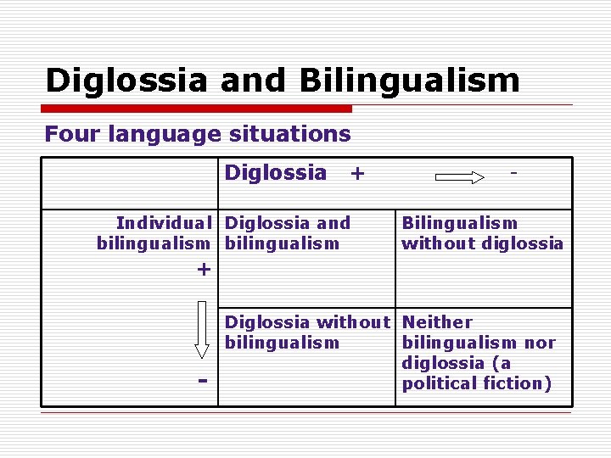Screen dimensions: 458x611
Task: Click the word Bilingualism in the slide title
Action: (409, 81)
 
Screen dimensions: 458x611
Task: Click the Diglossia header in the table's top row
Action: (275, 173)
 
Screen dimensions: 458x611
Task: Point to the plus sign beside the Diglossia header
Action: (357, 174)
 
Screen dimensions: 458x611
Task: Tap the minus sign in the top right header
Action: (513, 171)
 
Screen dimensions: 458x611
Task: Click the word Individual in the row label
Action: (164, 223)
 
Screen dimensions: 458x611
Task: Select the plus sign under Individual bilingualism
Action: (203, 270)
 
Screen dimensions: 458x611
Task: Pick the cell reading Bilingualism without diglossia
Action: (482, 233)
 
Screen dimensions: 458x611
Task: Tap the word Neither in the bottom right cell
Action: (437, 322)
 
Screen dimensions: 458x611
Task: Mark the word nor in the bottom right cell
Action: (540, 343)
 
